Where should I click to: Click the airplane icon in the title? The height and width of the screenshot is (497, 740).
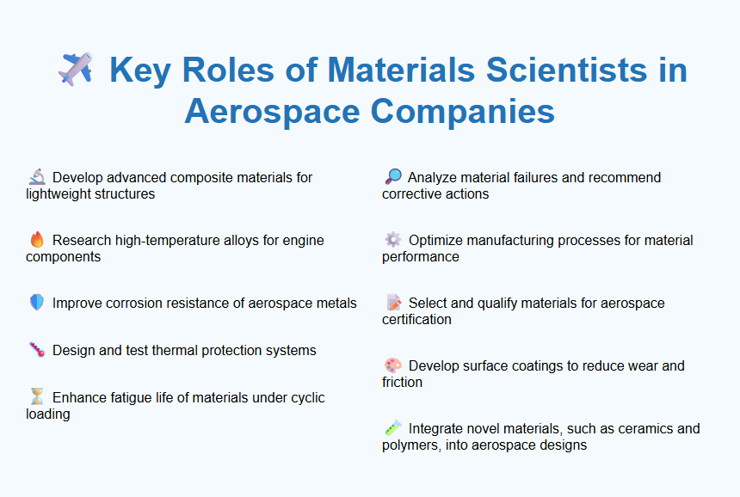coord(76,70)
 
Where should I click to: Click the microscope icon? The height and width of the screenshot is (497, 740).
coord(37,177)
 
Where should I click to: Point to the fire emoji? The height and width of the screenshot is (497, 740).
coord(37,240)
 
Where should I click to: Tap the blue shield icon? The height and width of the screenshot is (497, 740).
coord(37,303)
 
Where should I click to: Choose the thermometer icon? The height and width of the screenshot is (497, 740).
coord(37,350)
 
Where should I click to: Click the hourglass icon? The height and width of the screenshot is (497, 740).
coord(37,397)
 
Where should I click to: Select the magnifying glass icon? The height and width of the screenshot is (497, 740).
coord(393,177)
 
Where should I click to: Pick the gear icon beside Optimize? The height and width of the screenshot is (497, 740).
coord(393,240)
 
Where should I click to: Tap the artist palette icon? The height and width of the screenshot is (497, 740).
coord(393,365)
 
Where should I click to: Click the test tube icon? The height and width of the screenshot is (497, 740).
coord(393,428)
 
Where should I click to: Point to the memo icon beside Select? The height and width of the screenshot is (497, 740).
coord(393,303)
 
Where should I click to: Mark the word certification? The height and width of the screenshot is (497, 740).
coord(416,319)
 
